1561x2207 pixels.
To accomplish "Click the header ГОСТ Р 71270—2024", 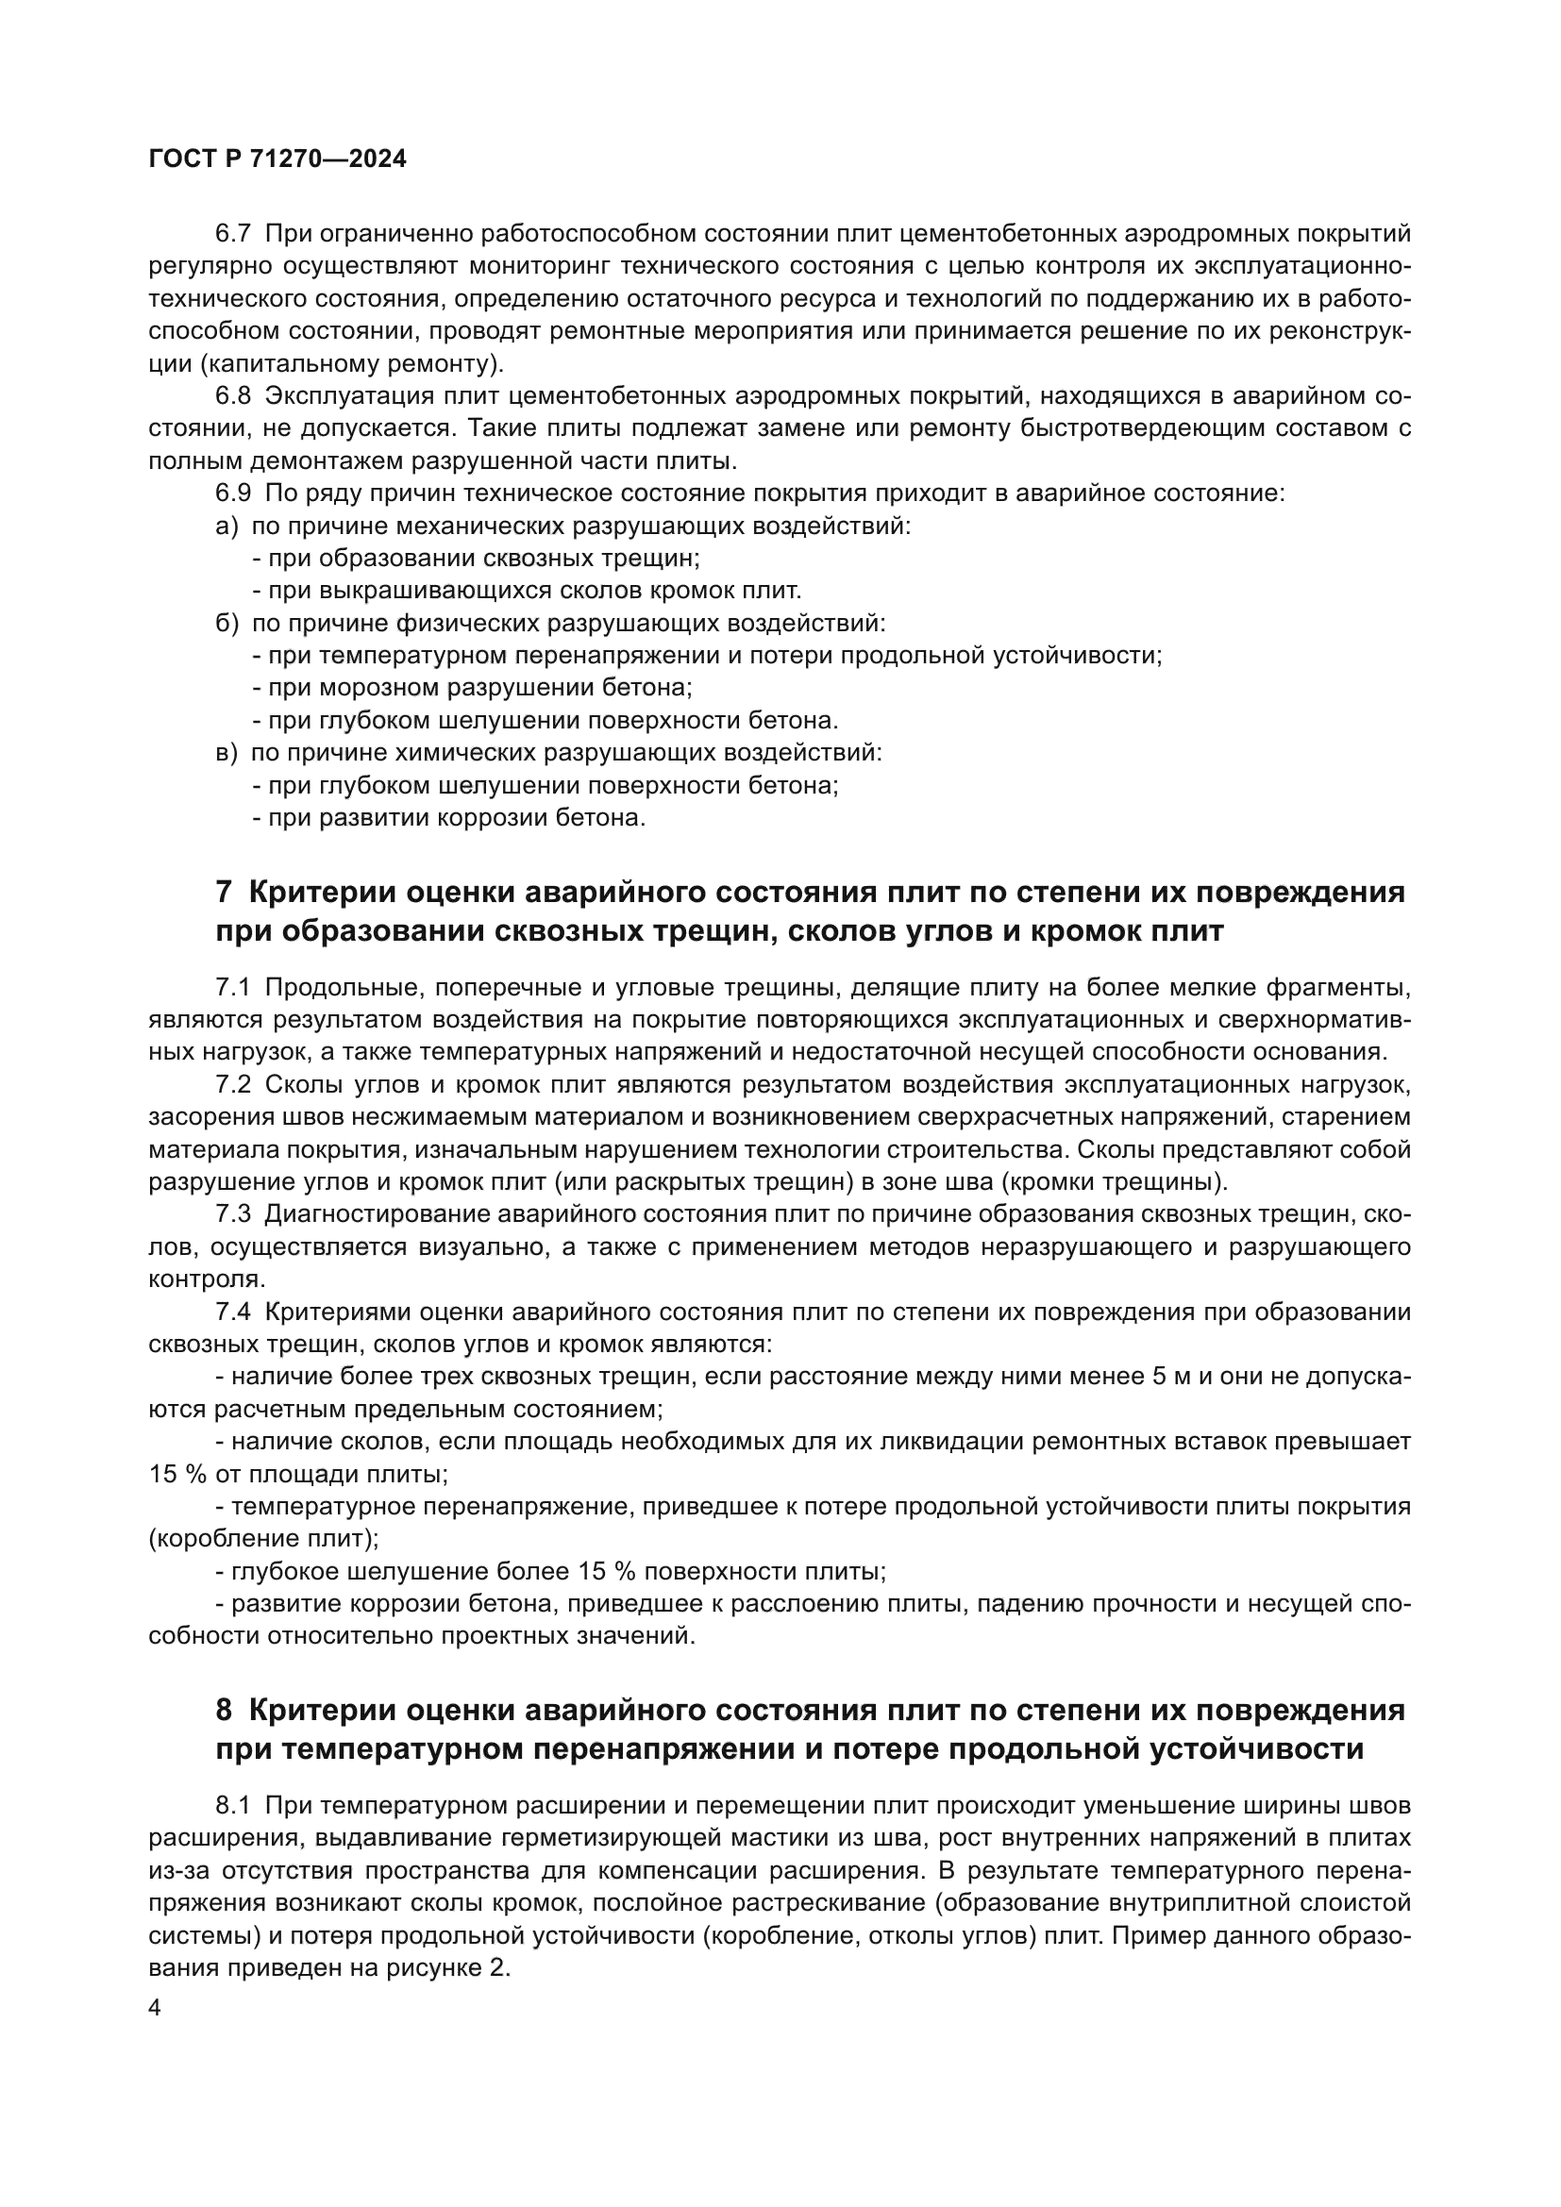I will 277,159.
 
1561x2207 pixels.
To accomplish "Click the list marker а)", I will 227,527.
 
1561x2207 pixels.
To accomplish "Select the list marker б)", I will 227,624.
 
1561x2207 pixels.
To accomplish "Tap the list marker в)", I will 226,753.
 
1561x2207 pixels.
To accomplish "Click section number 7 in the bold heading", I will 224,892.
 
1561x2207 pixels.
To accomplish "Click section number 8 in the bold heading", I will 224,1710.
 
